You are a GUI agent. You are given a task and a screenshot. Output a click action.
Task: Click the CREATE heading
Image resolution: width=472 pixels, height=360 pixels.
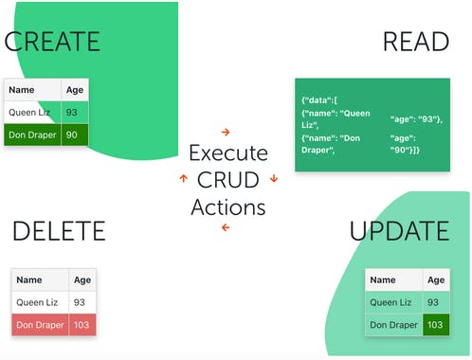[x=52, y=41]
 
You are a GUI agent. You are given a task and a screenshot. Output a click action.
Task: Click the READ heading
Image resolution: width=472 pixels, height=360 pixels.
[x=415, y=41]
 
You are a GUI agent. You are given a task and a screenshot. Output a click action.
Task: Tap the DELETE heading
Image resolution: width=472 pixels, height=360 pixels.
[x=59, y=230]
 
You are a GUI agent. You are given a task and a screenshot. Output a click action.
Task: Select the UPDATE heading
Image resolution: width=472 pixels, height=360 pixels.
[x=399, y=230]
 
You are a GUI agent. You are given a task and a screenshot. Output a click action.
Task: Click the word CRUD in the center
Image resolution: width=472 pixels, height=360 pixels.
[x=227, y=180]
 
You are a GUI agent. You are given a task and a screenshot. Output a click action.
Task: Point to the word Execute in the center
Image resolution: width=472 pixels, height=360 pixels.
[x=227, y=153]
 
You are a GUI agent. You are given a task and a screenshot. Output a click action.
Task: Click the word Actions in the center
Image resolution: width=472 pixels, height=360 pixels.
[x=227, y=207]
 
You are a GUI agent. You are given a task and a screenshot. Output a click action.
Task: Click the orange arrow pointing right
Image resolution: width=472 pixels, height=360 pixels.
[x=226, y=132]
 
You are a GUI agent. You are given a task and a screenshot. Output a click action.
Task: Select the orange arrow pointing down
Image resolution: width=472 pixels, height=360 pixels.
[x=274, y=178]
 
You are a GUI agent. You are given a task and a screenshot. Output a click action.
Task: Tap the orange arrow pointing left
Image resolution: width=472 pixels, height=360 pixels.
[x=226, y=228]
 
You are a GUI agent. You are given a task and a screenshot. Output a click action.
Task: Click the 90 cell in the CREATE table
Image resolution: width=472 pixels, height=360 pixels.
[x=74, y=135]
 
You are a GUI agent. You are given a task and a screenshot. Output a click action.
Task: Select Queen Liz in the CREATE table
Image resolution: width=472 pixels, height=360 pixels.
[x=32, y=113]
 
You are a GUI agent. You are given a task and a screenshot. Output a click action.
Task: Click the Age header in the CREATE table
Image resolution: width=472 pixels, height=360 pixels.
[x=74, y=91]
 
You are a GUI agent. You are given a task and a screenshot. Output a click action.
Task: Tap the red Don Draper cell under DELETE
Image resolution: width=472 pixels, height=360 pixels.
[x=41, y=325]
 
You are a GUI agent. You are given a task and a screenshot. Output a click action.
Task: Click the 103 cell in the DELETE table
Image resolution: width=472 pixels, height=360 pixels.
[x=82, y=325]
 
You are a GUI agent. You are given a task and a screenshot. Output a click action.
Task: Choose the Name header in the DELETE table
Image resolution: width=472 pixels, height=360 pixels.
[x=29, y=280]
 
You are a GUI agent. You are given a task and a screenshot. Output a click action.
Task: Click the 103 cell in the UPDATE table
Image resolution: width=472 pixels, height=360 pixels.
[x=435, y=325]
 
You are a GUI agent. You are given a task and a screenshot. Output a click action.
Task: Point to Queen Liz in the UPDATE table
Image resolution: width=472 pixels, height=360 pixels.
[x=391, y=302]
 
